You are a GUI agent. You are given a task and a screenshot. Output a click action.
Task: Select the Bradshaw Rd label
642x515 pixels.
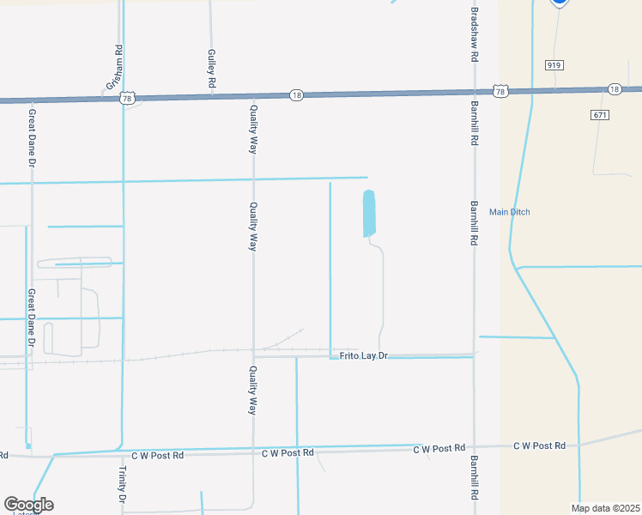point(473,34)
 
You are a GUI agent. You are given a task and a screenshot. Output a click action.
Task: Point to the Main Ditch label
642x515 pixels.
point(510,212)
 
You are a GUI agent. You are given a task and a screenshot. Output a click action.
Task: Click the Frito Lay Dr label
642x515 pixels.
point(364,355)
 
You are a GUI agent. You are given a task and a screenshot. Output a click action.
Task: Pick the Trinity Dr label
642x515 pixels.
point(123,485)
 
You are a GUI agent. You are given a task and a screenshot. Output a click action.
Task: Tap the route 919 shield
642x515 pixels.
point(554,65)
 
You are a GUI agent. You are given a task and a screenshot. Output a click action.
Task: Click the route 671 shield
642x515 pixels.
point(600,115)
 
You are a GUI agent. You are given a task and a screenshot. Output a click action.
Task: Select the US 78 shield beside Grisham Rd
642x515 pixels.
point(126,99)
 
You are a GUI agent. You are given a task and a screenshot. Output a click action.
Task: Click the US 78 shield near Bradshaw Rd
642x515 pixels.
point(501,91)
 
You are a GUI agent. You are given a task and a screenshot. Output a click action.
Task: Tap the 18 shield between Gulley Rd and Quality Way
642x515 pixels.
point(296,94)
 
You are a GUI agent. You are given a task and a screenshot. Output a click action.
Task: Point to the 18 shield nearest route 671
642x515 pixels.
point(615,88)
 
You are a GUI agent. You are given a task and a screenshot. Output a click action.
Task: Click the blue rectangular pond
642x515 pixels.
point(369,213)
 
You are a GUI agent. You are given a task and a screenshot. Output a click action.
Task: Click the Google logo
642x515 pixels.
point(28,505)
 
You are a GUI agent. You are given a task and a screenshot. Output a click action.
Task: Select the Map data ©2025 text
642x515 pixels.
point(604,508)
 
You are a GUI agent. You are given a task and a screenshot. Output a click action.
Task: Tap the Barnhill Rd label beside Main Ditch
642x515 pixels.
point(473,224)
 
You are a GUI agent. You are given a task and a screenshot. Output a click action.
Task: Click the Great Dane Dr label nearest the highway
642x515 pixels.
point(32,136)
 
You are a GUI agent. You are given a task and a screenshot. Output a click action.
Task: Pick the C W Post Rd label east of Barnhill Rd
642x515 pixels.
point(539,445)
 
